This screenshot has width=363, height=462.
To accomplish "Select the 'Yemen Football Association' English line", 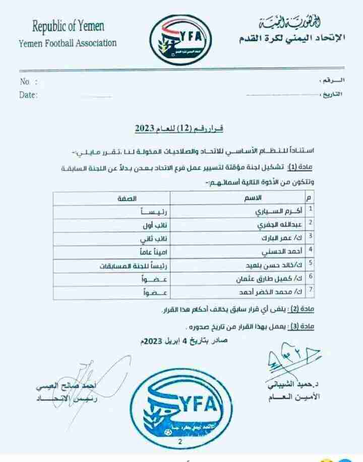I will pyautogui.click(x=67, y=42).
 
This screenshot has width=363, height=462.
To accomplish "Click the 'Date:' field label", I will pyautogui.click(x=28, y=94).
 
